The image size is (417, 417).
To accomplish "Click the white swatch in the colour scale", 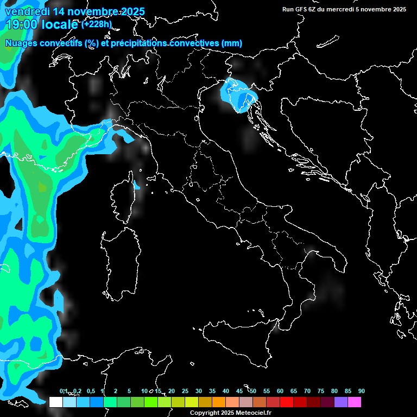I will [x=55, y=402].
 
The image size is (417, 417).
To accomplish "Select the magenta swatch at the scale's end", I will [x=355, y=402].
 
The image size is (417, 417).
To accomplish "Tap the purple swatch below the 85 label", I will [x=341, y=402].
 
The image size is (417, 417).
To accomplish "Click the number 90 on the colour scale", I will [x=362, y=391].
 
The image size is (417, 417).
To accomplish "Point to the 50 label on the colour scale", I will [x=253, y=391].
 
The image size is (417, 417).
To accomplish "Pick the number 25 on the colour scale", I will [x=185, y=391].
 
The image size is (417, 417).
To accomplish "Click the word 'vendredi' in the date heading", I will [x=27, y=11].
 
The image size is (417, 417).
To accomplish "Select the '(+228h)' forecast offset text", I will [x=96, y=23].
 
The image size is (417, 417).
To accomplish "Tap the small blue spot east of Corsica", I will [x=136, y=186].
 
